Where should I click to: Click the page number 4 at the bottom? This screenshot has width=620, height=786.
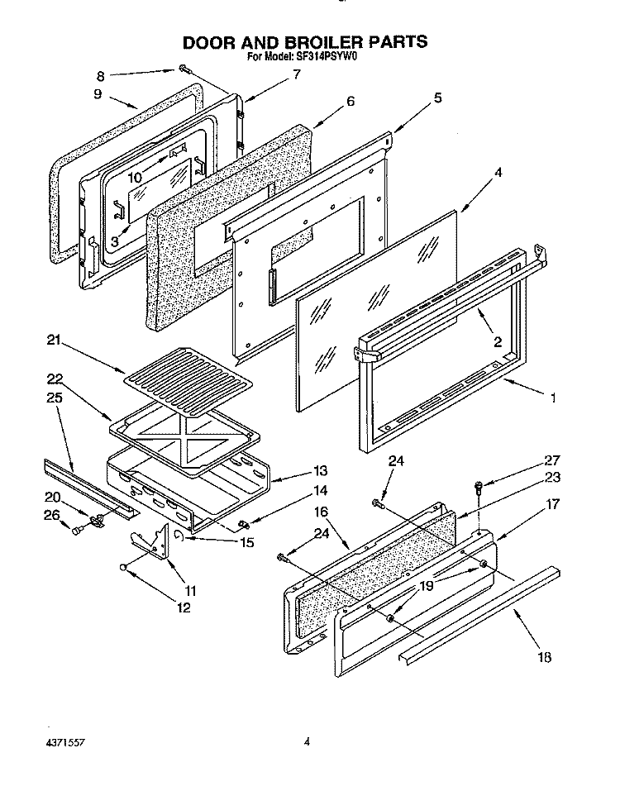click(x=306, y=741)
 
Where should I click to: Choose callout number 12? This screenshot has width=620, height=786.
click(x=183, y=607)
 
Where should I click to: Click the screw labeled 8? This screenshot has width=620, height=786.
click(x=181, y=71)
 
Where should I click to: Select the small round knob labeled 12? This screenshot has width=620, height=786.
click(x=122, y=567)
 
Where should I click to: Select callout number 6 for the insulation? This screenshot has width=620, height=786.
click(x=351, y=101)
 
